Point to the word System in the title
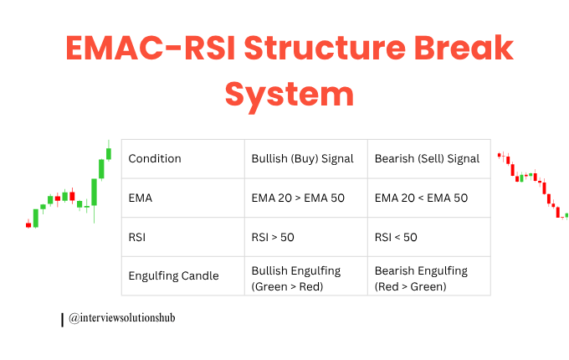(289, 94)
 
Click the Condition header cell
(155, 158)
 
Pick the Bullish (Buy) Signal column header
(302, 158)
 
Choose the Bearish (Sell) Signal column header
(427, 158)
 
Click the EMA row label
(141, 198)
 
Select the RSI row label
(138, 237)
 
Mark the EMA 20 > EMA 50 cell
(298, 198)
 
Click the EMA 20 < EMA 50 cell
(421, 198)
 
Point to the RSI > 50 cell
(273, 237)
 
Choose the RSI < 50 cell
(396, 237)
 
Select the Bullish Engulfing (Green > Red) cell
(298, 278)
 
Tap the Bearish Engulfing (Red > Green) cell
(421, 278)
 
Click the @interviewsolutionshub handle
(122, 318)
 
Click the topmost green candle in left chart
(108, 153)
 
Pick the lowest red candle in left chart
(28, 224)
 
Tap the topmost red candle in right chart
(499, 155)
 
